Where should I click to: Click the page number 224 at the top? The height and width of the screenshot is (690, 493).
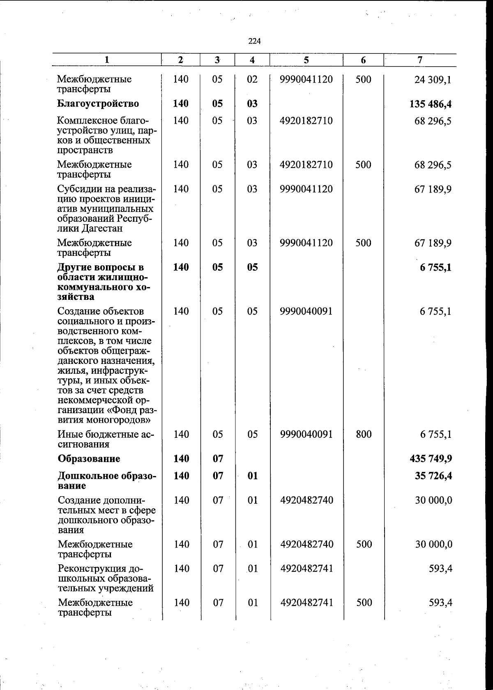click(254, 41)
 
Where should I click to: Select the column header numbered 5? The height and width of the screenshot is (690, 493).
click(306, 60)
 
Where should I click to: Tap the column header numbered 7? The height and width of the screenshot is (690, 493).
click(419, 60)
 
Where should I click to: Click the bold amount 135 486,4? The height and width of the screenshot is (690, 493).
click(430, 104)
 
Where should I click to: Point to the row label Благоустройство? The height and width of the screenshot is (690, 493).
click(98, 103)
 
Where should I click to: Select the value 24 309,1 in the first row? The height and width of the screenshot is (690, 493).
click(433, 80)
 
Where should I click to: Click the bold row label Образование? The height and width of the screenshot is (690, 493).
click(89, 458)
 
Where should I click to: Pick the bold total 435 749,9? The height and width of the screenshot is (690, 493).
click(430, 458)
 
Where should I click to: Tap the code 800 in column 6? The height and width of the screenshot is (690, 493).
click(364, 434)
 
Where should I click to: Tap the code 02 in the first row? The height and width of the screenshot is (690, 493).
click(252, 79)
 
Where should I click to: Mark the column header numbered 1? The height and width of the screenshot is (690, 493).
click(107, 60)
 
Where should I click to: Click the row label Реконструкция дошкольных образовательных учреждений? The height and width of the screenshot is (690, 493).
click(106, 578)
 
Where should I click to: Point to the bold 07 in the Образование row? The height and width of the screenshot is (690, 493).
click(217, 458)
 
